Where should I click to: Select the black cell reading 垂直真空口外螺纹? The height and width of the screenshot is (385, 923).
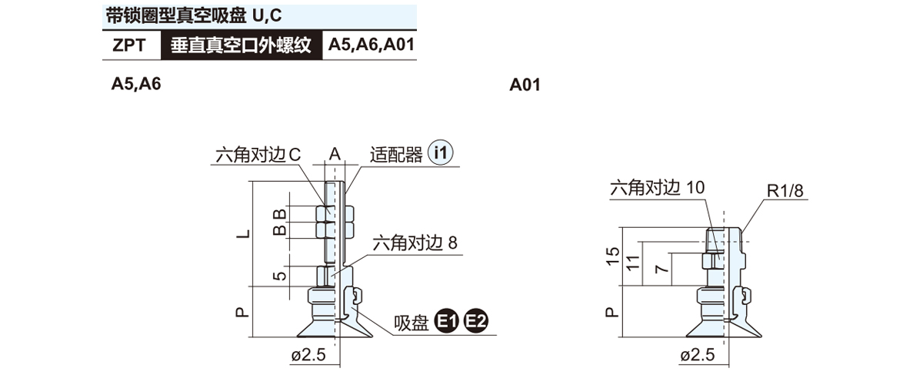pyautogui.click(x=240, y=45)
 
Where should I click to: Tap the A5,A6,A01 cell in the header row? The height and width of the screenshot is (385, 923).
pyautogui.click(x=372, y=45)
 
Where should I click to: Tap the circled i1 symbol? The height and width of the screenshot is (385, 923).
pyautogui.click(x=441, y=153)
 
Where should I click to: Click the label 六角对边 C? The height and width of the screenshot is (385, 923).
pyautogui.click(x=258, y=155)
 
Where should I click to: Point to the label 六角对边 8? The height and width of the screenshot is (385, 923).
pyautogui.click(x=415, y=244)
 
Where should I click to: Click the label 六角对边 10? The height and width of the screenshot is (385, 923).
pyautogui.click(x=656, y=188)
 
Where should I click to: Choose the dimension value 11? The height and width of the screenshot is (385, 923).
pyautogui.click(x=631, y=263)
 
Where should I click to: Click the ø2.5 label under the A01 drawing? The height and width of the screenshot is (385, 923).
pyautogui.click(x=698, y=355)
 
